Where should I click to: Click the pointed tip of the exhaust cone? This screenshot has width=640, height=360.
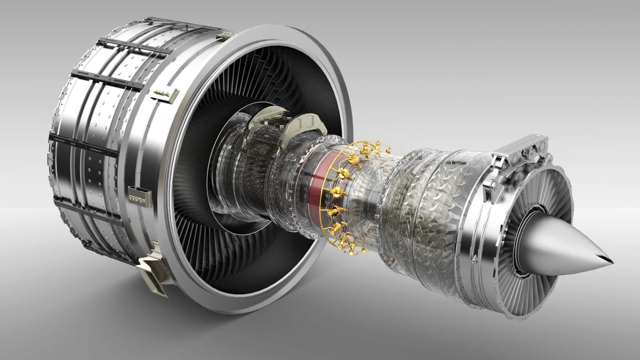coord(611,262)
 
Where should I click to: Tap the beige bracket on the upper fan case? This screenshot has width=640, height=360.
coord(165,95)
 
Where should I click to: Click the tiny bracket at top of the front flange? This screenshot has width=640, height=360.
coord(226,35)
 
